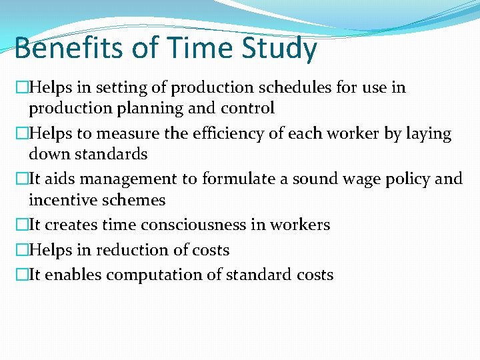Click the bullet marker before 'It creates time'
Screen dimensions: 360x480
point(21,225)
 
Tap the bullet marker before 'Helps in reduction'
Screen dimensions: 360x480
point(21,250)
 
